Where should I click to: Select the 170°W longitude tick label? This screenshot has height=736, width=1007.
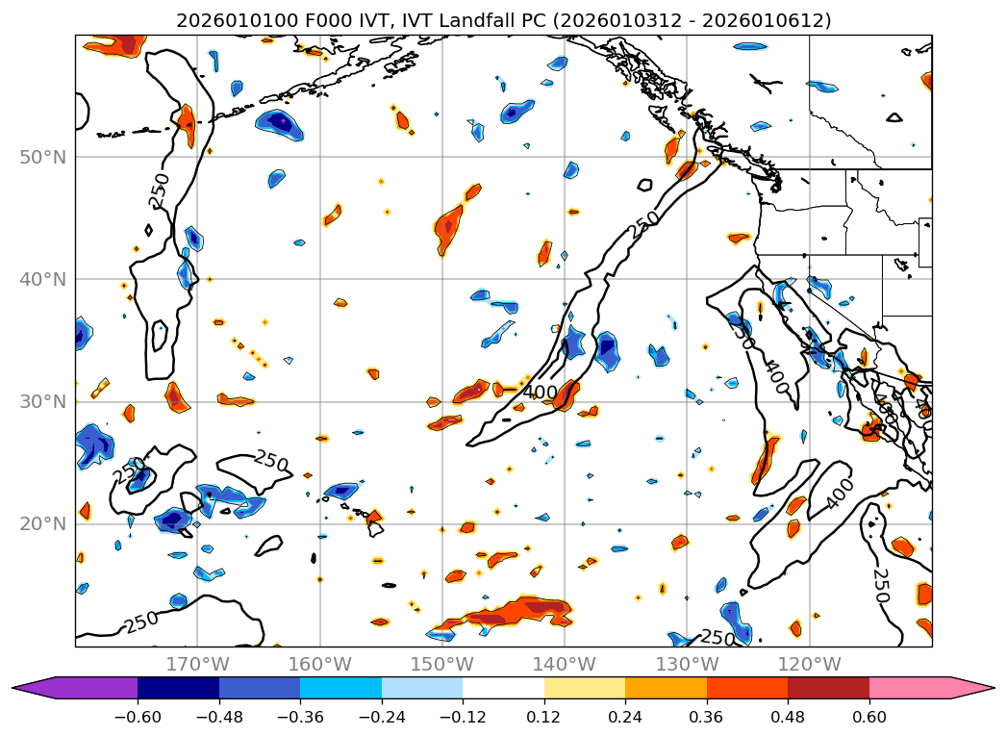click(x=197, y=664)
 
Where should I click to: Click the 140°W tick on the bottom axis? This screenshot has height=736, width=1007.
click(x=565, y=664)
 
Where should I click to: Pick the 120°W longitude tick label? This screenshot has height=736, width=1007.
click(x=809, y=664)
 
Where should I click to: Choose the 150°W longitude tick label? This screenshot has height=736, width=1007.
click(x=442, y=664)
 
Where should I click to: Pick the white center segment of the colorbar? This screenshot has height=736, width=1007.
click(x=503, y=688)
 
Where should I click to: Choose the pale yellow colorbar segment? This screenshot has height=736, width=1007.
click(x=585, y=688)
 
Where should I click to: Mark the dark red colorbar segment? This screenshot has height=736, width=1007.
click(x=828, y=688)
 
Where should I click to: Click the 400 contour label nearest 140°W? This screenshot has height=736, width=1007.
click(x=541, y=393)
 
